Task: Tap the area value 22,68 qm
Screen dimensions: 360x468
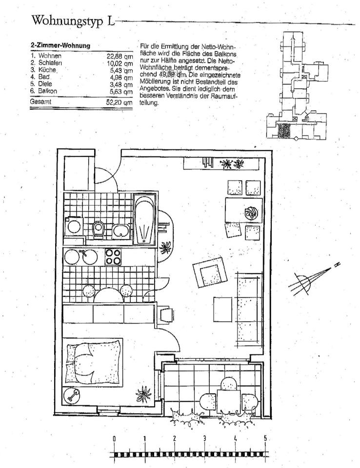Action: pos(120,56)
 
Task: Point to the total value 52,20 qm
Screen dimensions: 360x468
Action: pos(120,102)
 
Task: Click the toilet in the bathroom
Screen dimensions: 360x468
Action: pos(98,228)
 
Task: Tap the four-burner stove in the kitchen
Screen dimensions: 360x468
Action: pos(113,256)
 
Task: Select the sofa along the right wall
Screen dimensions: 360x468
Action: pos(249,307)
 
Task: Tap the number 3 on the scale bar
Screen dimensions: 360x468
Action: pos(204,438)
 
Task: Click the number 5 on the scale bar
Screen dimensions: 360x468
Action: pos(265,438)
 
